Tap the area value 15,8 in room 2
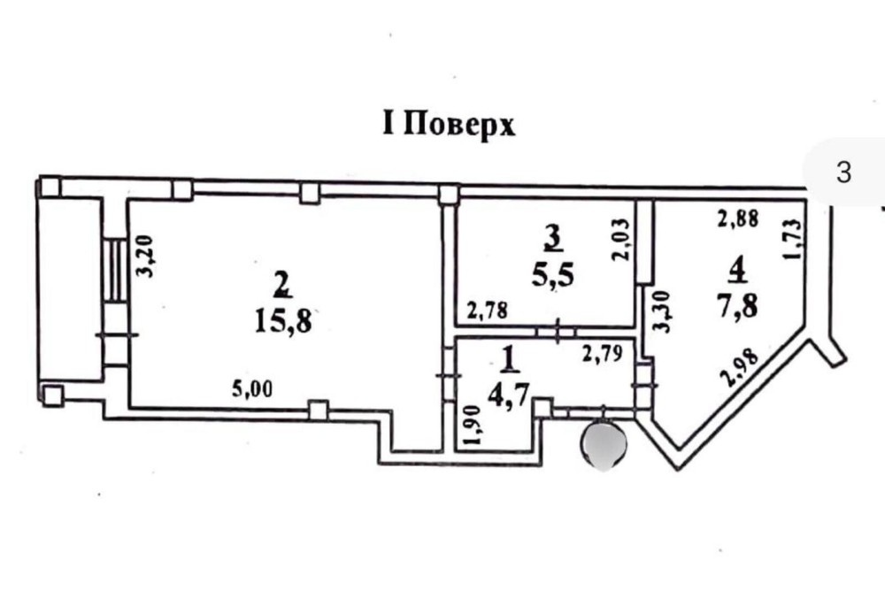pyautogui.click(x=283, y=321)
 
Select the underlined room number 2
pyautogui.click(x=281, y=284)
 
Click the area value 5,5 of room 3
pyautogui.click(x=552, y=275)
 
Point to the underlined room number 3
pyautogui.click(x=553, y=238)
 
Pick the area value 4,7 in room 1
pyautogui.click(x=509, y=395)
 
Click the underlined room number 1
pyautogui.click(x=511, y=360)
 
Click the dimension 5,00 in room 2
pyautogui.click(x=252, y=388)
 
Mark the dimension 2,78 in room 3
pyautogui.click(x=487, y=310)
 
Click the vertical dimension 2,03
pyautogui.click(x=620, y=239)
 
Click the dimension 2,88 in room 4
pyautogui.click(x=738, y=219)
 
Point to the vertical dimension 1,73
pyautogui.click(x=791, y=239)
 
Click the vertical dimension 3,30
pyautogui.click(x=663, y=311)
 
